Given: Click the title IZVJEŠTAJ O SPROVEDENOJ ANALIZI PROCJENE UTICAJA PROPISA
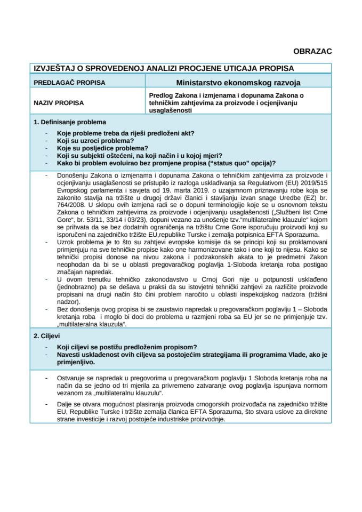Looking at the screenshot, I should coord(163,68).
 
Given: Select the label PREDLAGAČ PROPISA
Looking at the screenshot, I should coord(69,83).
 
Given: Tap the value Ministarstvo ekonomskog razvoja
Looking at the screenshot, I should coord(238,83).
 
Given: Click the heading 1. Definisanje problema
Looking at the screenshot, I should coord(69,122).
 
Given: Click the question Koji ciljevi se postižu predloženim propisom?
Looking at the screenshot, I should coord(127,347).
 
